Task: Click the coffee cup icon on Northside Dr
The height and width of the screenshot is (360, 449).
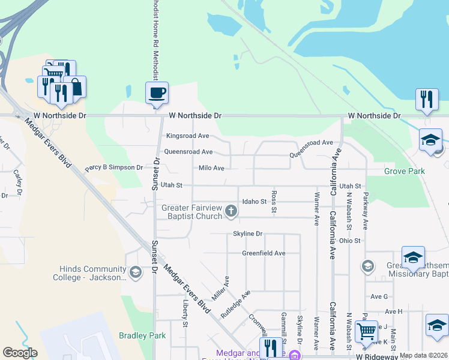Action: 157,93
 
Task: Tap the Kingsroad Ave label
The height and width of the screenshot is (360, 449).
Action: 187,136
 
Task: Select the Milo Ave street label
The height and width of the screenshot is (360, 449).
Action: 211,169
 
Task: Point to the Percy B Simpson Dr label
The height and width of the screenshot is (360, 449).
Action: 114,168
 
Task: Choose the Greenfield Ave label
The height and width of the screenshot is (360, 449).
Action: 264,253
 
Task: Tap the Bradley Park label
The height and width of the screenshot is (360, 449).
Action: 142,336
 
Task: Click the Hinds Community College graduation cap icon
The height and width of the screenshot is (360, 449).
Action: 136,273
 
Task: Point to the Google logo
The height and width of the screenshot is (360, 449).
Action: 20,353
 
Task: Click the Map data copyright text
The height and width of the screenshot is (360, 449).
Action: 423,355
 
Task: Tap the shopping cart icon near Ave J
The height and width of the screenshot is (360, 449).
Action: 366,331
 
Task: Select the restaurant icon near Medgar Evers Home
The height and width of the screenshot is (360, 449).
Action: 271,347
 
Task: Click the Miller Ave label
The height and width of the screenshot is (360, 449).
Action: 220,288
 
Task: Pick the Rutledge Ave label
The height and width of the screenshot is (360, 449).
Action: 235,304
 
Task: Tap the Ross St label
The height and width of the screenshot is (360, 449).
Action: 273,202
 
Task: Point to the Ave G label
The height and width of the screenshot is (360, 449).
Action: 379,296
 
